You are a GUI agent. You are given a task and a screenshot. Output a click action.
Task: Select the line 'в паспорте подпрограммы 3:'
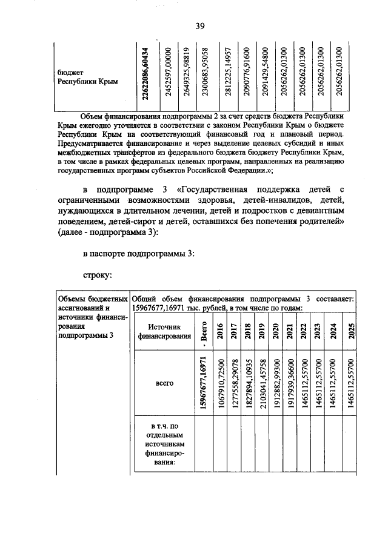(x=138, y=253)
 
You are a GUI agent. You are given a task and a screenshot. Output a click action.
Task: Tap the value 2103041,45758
(x=262, y=383)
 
